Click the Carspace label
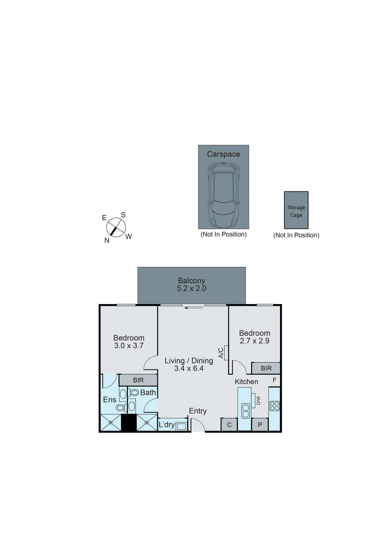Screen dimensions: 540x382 223,154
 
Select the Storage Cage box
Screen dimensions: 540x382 296,210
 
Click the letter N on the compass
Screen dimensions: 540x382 107,240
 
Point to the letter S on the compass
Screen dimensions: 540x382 123,215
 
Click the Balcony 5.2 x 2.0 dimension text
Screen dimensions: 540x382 191,288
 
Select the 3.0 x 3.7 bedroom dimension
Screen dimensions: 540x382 129,346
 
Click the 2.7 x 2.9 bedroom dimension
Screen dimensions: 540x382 254,341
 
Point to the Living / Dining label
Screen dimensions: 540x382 189,360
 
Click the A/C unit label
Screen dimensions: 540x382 221,353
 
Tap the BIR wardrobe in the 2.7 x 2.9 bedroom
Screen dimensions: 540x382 266,368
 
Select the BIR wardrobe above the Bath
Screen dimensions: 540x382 138,380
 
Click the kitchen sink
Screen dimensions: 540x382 246,411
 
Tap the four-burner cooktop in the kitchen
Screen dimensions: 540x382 275,406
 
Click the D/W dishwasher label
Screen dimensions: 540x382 258,400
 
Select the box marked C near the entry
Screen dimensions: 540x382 229,425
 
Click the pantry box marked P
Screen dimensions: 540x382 260,425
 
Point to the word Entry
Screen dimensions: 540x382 197,411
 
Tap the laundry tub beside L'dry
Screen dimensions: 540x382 181,426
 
